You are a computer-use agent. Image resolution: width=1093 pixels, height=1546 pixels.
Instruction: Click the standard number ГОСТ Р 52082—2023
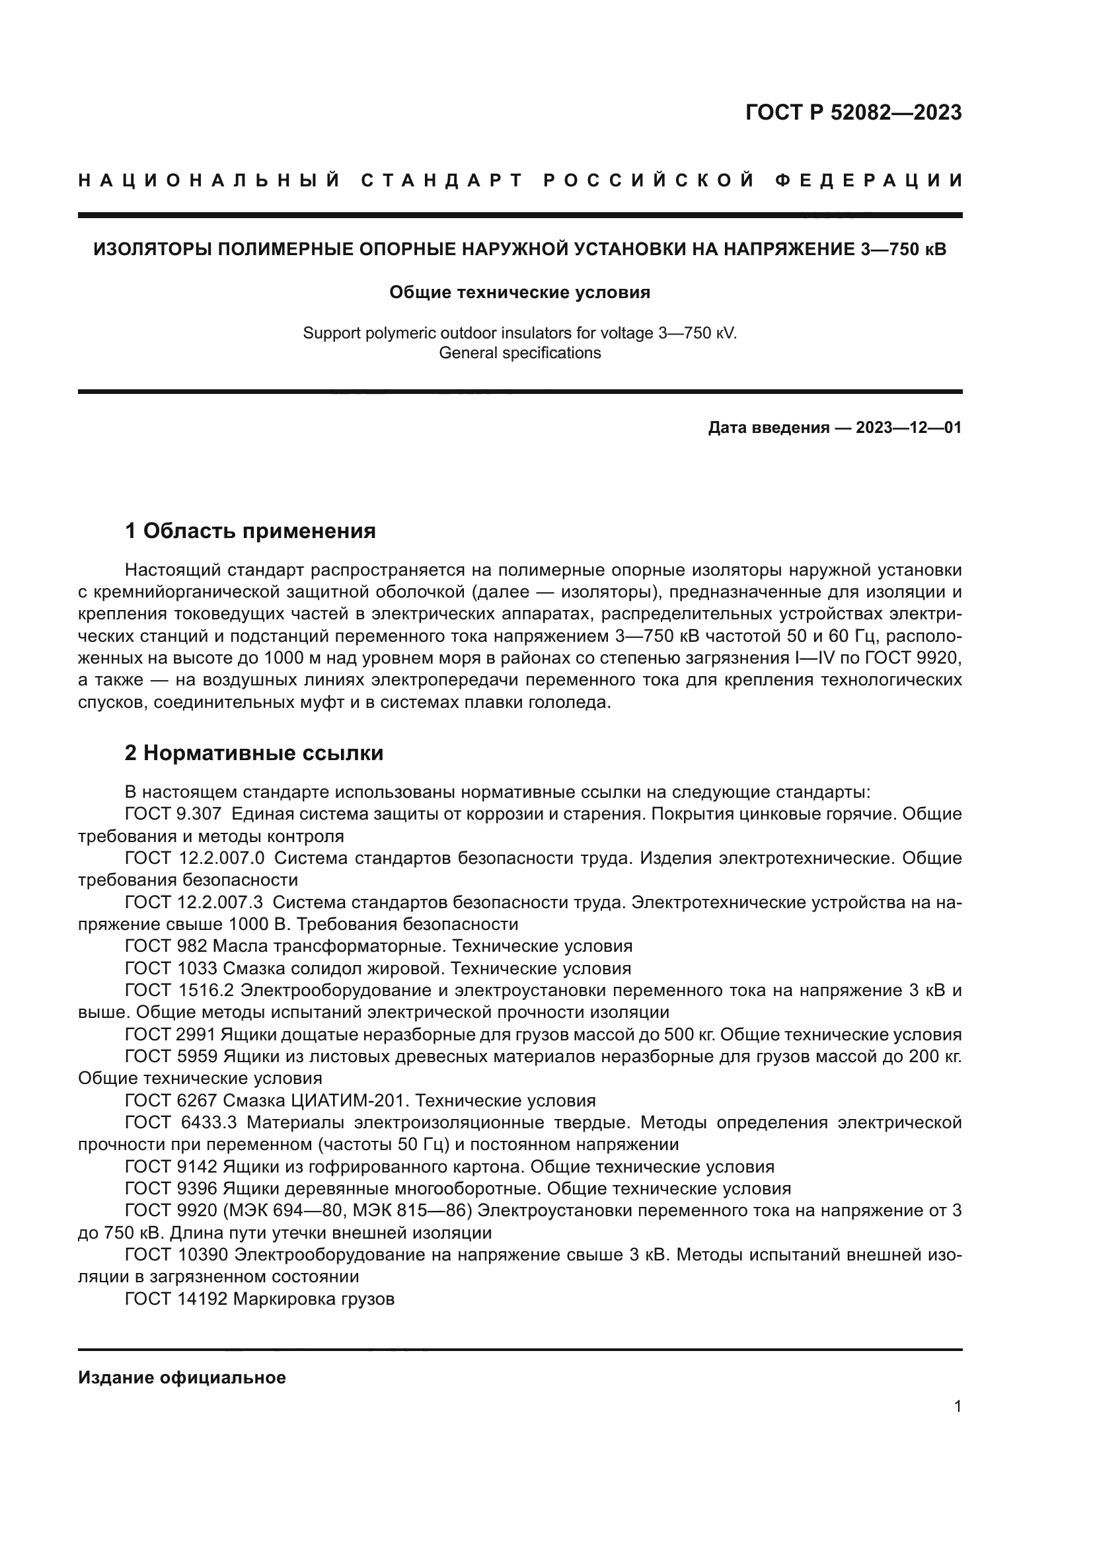(853, 112)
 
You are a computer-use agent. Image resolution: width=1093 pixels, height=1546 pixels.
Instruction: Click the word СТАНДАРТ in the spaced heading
(441, 180)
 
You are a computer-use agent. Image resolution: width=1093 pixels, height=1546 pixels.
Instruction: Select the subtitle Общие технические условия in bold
(519, 292)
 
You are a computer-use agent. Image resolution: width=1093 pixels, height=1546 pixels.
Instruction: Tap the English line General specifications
(519, 353)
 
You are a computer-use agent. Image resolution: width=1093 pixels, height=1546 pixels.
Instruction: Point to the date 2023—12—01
(908, 428)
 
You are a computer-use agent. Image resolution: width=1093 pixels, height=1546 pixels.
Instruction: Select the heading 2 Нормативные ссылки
(254, 753)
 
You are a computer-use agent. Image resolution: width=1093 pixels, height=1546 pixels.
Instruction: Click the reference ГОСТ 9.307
(173, 814)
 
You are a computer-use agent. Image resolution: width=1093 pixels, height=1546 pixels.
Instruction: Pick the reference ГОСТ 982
(166, 946)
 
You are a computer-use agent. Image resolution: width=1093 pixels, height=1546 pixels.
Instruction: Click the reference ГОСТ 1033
(171, 968)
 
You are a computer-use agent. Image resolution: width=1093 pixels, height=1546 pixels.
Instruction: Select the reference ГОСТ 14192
(176, 1299)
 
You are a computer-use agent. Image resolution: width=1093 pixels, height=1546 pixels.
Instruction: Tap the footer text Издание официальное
(182, 1377)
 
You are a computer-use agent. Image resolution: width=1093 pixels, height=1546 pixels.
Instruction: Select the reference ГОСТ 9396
(171, 1188)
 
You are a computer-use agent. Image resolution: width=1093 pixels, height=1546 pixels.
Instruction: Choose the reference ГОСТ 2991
(171, 1034)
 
